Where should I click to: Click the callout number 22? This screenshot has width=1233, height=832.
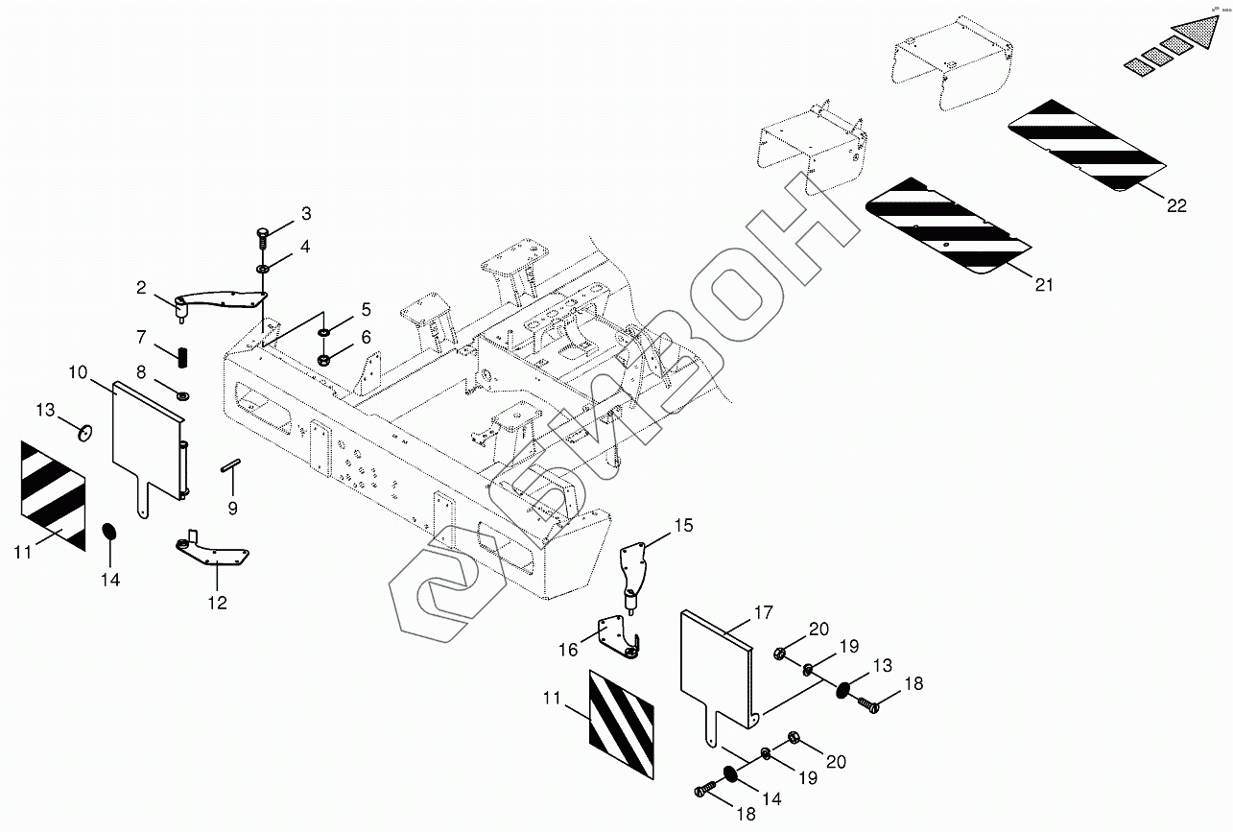tap(1176, 205)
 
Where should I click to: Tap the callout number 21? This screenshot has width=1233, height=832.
tap(1044, 285)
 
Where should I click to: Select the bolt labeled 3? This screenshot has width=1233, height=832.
tap(262, 233)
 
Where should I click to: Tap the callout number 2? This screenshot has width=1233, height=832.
tap(141, 287)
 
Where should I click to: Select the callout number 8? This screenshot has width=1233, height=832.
tap(141, 371)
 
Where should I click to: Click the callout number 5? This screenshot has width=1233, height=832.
tap(366, 310)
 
